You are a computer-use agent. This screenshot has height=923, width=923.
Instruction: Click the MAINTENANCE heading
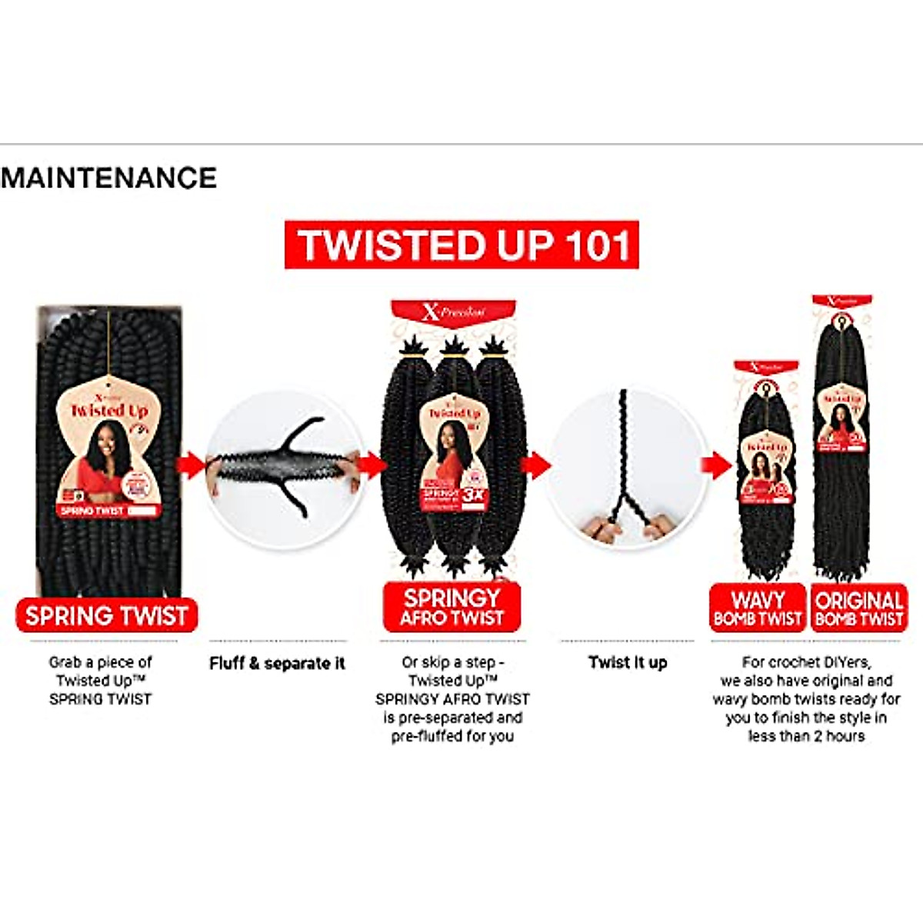[108, 178]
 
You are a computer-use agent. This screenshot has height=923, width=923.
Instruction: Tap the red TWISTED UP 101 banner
[461, 245]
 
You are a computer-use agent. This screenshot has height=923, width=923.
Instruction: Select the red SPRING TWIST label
[106, 615]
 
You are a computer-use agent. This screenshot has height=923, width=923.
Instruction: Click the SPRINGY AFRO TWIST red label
[452, 607]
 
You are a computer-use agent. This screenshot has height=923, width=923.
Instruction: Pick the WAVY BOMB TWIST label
[758, 608]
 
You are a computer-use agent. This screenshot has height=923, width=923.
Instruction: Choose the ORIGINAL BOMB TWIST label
[859, 608]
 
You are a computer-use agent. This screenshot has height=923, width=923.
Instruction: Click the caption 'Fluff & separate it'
[277, 663]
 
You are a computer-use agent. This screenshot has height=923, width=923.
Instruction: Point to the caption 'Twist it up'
[628, 662]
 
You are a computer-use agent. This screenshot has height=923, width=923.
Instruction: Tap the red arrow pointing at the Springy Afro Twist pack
[372, 465]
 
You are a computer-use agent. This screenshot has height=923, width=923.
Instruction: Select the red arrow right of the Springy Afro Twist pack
[536, 465]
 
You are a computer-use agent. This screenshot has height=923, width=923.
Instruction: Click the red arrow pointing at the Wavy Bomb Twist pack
[716, 465]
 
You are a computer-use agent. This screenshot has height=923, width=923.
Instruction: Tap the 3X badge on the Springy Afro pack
[474, 495]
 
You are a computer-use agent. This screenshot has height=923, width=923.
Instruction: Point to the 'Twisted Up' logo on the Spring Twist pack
[109, 410]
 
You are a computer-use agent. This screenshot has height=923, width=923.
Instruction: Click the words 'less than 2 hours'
[806, 736]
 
